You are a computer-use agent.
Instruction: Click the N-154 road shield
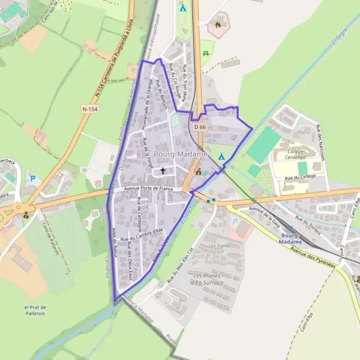90,109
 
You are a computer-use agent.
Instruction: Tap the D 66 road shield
200,127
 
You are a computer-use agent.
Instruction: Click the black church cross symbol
162,172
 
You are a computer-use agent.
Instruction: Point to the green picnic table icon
206,53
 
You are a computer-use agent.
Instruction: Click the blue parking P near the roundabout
33,178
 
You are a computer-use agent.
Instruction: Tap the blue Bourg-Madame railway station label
291,238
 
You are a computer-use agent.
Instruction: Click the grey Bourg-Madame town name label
180,154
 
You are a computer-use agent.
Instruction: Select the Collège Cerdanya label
295,155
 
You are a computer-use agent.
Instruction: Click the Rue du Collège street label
301,178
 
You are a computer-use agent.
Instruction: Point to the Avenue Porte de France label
148,188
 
